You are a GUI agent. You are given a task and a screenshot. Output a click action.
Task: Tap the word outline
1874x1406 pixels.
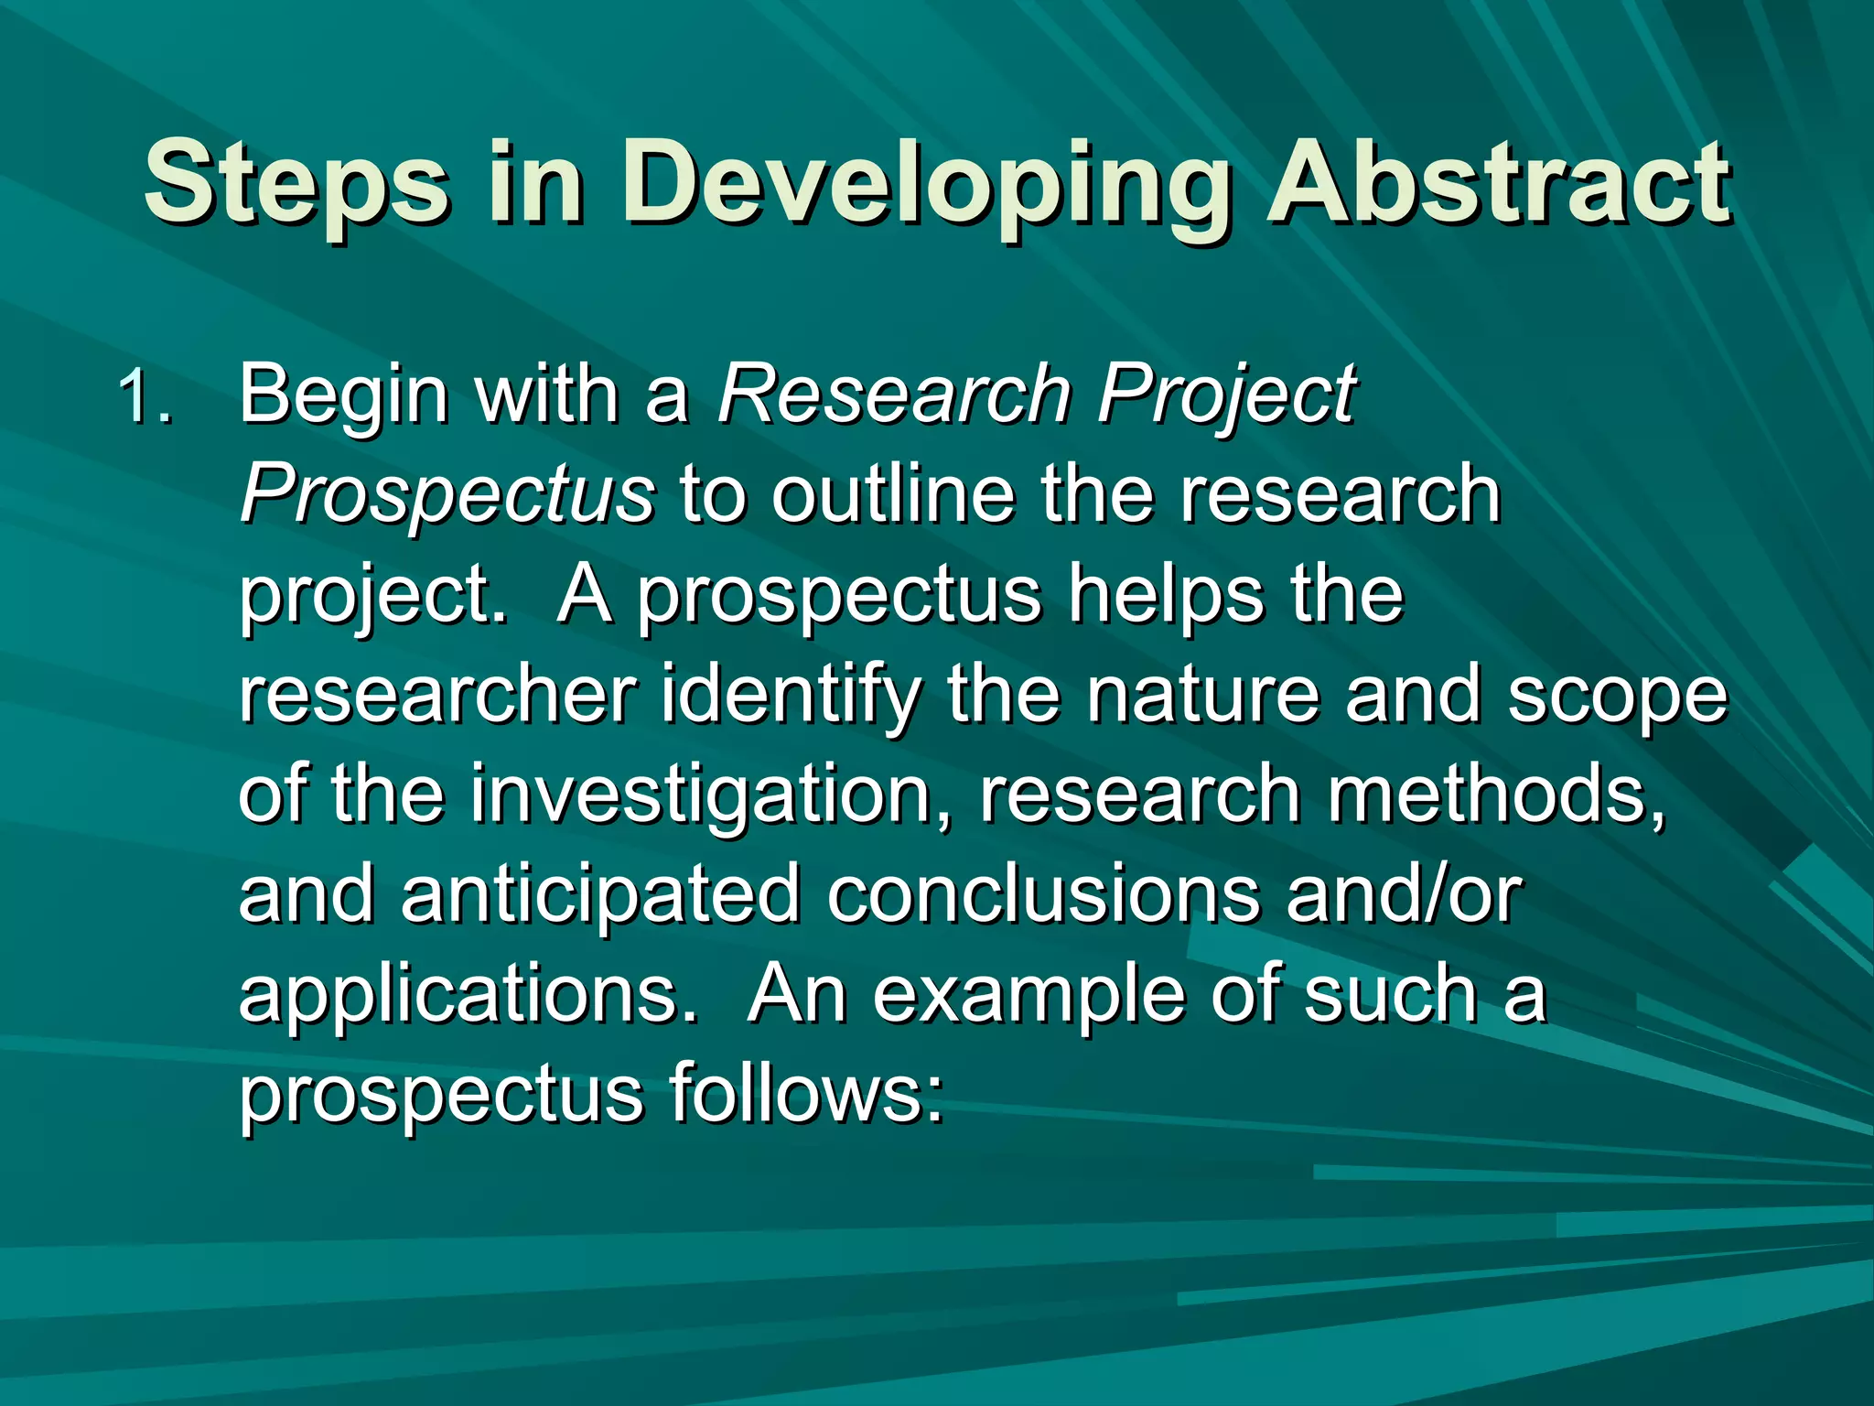(x=893, y=494)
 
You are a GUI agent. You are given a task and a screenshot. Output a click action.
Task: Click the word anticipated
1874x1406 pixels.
(x=600, y=895)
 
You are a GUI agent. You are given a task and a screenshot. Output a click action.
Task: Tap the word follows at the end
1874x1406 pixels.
(x=805, y=1094)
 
